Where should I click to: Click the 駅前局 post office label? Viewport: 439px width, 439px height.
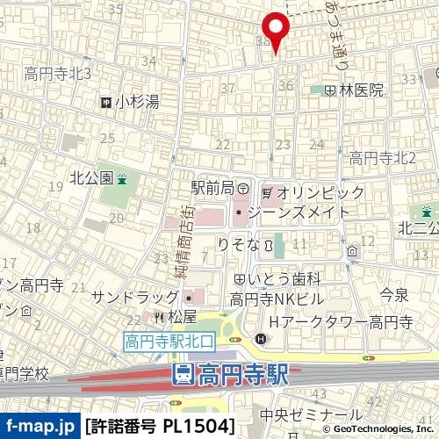click(213, 188)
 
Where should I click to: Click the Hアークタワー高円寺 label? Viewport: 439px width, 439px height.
click(342, 322)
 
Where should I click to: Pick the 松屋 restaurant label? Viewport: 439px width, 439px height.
click(181, 316)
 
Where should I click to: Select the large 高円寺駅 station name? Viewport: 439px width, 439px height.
click(242, 376)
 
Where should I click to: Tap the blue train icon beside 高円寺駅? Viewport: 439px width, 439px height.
click(183, 376)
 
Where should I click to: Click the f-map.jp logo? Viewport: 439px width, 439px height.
click(40, 426)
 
